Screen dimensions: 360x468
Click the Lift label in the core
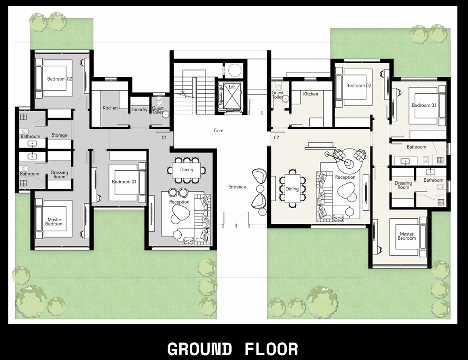point(232,87)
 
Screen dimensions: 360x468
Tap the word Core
point(218,130)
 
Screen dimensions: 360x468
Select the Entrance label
point(237,187)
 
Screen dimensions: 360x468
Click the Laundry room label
point(139,110)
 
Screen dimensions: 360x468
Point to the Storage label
point(59,135)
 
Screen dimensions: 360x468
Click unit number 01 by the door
point(164,138)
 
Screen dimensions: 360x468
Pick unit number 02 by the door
point(276,138)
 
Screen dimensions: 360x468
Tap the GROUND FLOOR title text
point(233,349)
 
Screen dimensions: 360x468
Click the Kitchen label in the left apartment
point(110,108)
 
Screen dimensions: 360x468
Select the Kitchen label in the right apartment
point(311,94)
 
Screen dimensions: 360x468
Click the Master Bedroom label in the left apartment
point(54,222)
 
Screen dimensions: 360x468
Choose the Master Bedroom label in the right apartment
point(406,236)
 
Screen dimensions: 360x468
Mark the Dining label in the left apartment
point(186,170)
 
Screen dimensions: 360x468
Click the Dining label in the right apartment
point(292,189)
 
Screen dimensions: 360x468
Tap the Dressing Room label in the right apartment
point(403,185)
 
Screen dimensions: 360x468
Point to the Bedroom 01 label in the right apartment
point(424,106)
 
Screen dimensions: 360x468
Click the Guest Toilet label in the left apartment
point(158,110)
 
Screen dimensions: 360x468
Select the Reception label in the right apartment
point(345,177)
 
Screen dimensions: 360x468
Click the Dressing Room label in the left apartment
point(59,175)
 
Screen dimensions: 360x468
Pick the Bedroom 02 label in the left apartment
point(59,79)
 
